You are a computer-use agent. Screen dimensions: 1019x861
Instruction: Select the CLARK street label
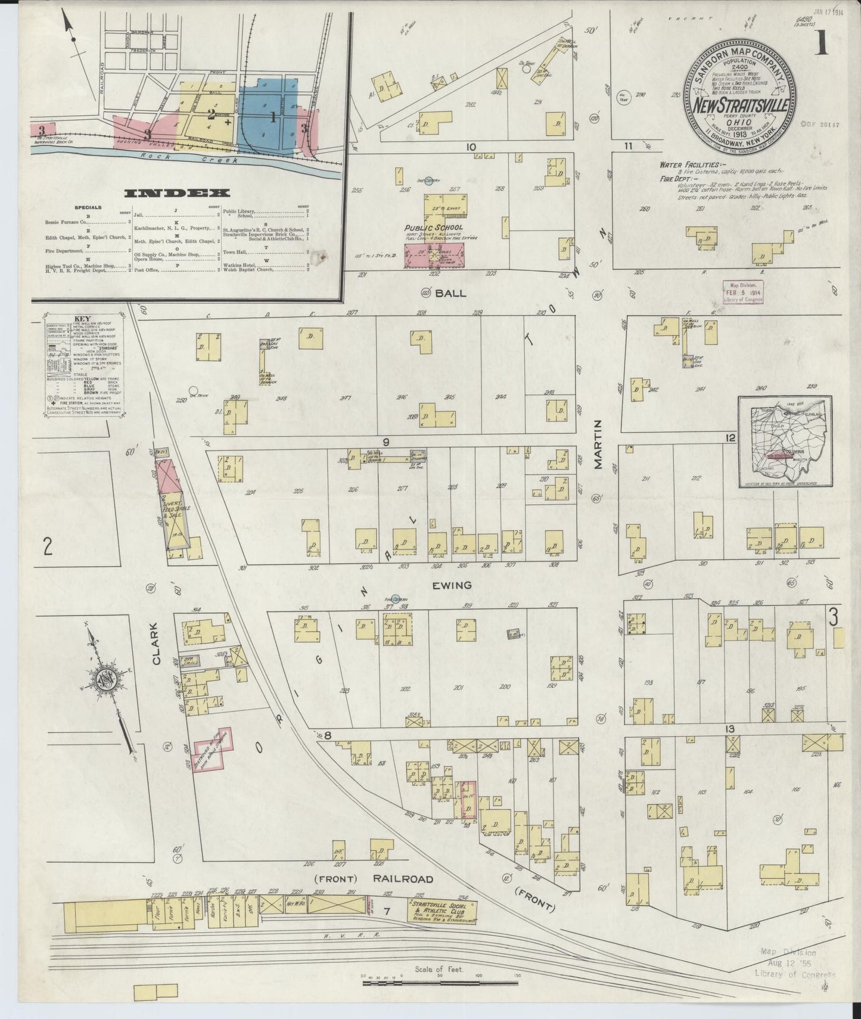click(x=156, y=644)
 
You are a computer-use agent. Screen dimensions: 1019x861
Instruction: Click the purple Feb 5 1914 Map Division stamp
click(x=742, y=293)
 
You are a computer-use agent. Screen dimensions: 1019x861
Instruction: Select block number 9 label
click(x=386, y=442)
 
